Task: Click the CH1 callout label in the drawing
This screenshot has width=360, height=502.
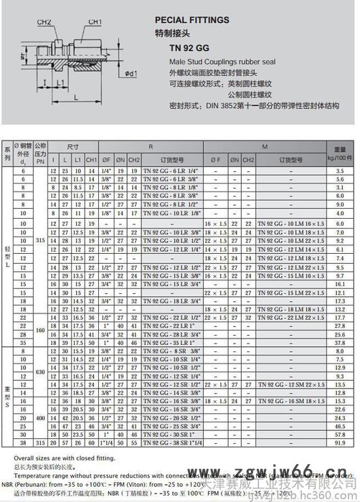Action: pos(94,22)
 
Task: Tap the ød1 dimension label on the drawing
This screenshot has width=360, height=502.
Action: pos(130,73)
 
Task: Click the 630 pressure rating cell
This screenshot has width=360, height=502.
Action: pos(40,371)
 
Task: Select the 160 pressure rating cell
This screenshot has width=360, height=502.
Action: pos(40,330)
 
